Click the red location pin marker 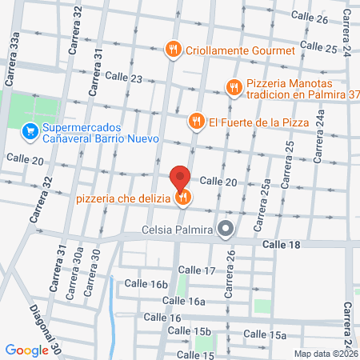tap(180, 177)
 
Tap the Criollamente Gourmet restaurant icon tap(172, 50)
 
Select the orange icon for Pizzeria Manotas tap(234, 87)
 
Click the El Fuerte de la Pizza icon tap(194, 122)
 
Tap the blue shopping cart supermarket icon tap(30, 129)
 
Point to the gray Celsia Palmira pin tap(226, 231)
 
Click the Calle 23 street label tap(124, 79)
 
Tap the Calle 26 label tap(309, 18)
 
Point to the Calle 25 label tap(319, 49)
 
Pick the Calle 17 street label tap(197, 270)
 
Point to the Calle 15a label tap(265, 334)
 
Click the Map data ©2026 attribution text tap(326, 353)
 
